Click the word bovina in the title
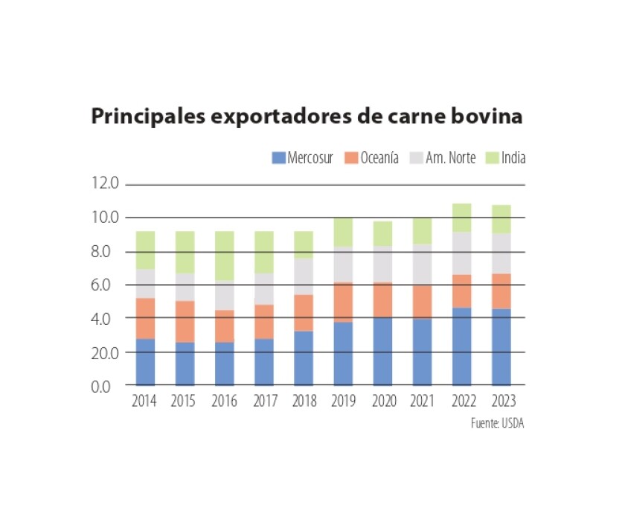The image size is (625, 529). click(x=488, y=118)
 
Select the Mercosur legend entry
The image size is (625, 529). click(x=302, y=158)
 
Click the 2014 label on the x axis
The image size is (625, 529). click(x=144, y=402)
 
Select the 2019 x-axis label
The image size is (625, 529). click(x=342, y=402)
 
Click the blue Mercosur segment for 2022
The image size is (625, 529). click(x=461, y=346)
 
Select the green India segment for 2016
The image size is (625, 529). click(x=224, y=256)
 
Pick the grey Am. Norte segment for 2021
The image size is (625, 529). click(x=421, y=264)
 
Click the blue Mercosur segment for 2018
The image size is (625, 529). click(x=303, y=358)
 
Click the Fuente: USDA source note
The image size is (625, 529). click(x=492, y=423)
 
